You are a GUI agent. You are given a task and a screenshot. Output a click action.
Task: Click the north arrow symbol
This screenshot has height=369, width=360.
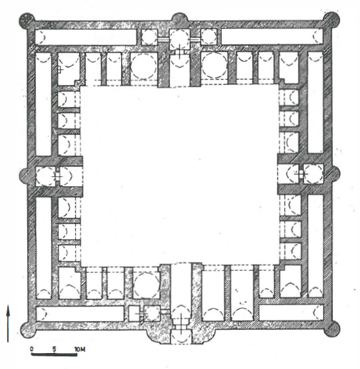point(8,324)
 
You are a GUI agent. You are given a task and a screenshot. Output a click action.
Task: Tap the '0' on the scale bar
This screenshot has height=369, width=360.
point(32,348)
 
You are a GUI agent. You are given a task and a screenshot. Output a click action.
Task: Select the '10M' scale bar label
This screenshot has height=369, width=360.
point(80,349)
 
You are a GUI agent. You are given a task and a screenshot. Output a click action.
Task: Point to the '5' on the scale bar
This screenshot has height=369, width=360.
point(55,349)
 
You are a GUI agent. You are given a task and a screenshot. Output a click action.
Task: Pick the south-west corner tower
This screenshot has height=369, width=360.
point(27,330)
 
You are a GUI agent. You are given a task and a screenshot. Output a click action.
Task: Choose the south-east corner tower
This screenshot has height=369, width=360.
point(332,329)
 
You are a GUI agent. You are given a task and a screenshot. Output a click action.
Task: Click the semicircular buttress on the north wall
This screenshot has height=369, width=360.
point(180,18)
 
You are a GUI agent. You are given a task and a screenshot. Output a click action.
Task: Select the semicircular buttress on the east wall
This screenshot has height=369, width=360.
point(336,174)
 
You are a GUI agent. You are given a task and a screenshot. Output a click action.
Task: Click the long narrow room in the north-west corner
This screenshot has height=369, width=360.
point(86,37)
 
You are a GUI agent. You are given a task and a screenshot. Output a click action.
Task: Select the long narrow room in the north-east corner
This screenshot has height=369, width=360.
point(272,37)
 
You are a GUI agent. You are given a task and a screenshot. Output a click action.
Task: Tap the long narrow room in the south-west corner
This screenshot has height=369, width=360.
point(81,313)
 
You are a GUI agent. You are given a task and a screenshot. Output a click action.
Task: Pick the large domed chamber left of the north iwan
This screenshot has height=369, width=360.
point(144,65)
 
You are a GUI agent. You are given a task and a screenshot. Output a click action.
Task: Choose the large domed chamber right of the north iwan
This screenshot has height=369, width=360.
point(214,65)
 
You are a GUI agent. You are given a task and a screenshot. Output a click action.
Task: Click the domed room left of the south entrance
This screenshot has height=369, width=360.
point(146,285)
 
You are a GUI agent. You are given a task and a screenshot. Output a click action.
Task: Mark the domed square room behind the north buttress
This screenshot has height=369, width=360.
point(180,39)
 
